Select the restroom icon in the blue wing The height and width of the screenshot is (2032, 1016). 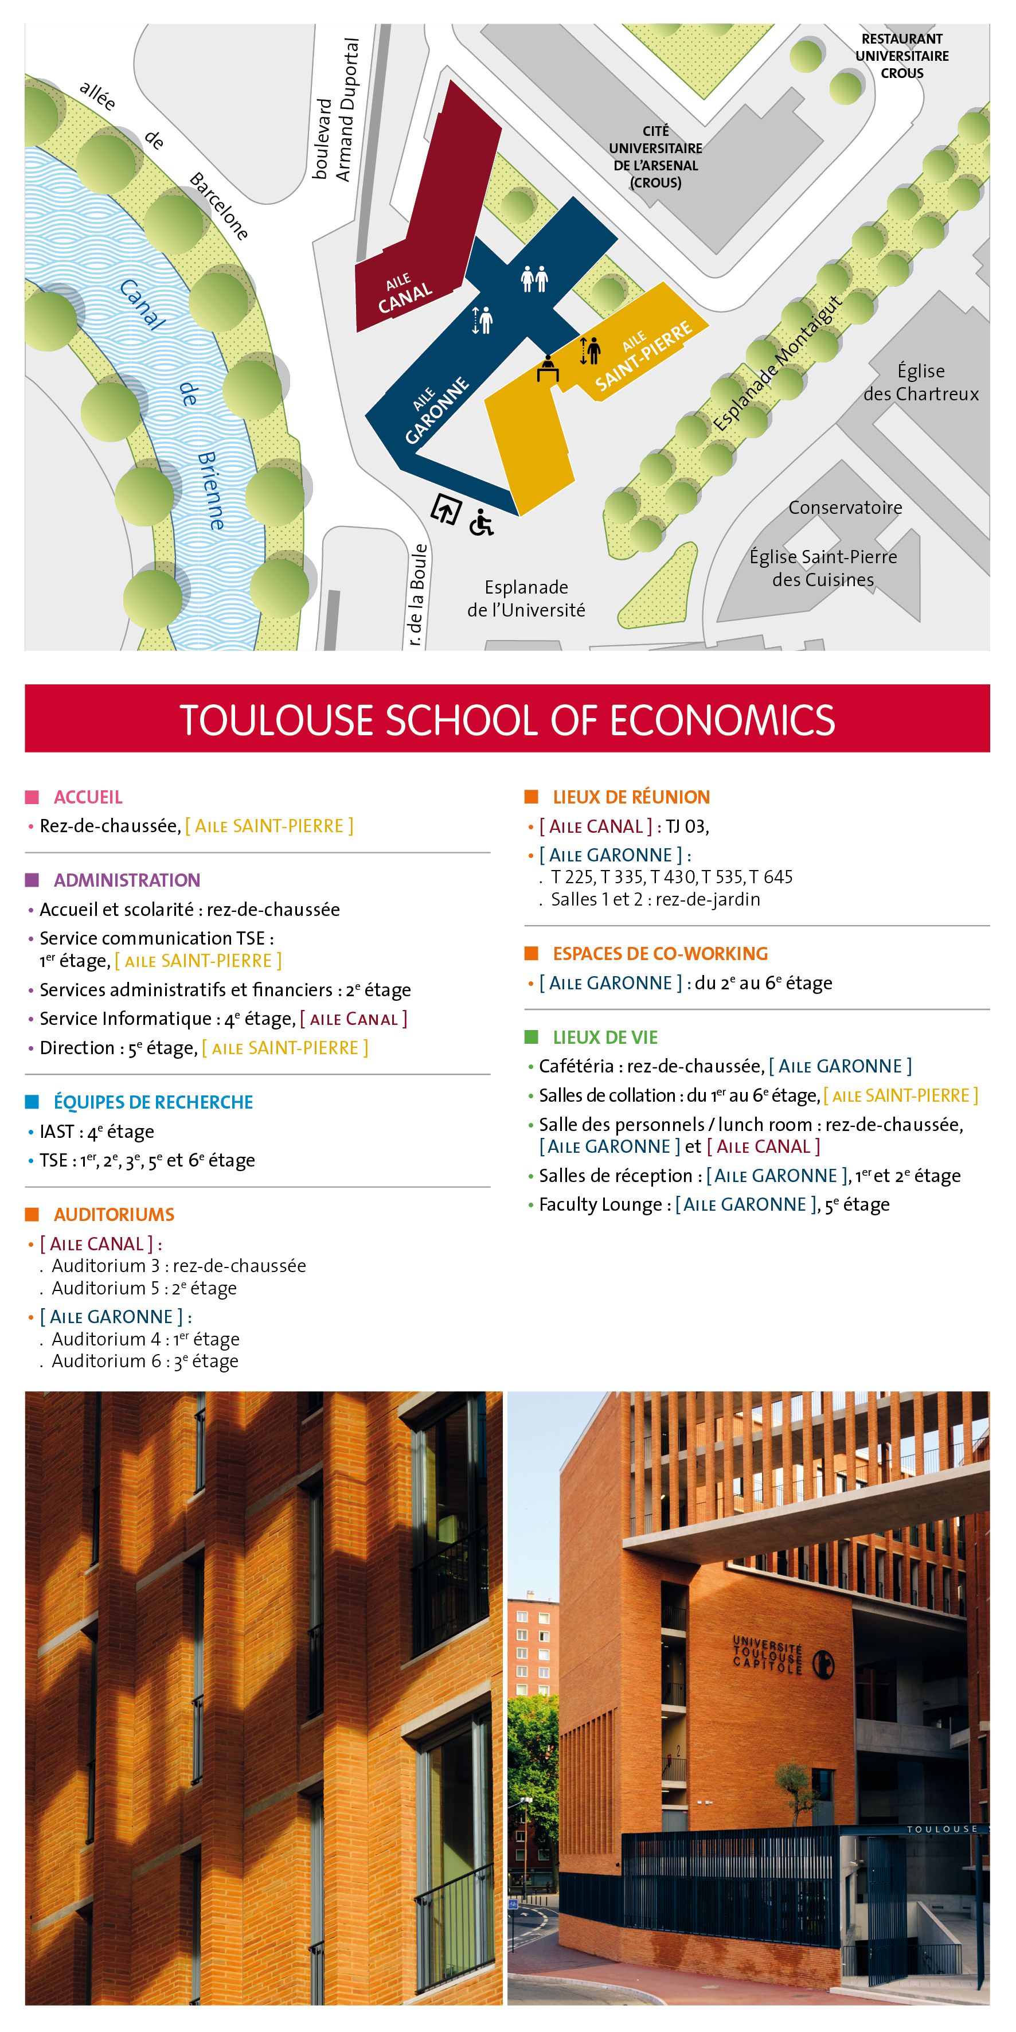(x=534, y=279)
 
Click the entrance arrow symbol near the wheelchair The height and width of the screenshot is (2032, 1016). (x=446, y=510)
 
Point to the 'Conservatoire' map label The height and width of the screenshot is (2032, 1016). (x=845, y=507)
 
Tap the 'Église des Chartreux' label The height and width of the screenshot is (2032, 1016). (x=921, y=383)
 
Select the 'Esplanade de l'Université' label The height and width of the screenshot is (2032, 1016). (x=526, y=599)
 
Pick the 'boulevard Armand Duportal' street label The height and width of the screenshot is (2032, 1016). (x=335, y=111)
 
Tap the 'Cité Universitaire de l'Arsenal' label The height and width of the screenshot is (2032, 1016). (x=655, y=156)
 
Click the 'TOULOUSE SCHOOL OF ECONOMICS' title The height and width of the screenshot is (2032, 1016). (x=507, y=719)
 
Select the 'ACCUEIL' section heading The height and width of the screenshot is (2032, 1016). (x=88, y=797)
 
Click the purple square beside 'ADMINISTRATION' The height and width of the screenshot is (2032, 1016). (x=32, y=880)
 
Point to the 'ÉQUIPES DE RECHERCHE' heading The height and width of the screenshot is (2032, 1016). (x=153, y=1102)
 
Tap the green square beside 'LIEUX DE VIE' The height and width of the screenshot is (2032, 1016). (x=531, y=1038)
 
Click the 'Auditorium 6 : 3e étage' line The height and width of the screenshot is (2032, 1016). (x=144, y=1361)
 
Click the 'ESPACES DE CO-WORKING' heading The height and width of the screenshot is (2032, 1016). (x=659, y=954)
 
